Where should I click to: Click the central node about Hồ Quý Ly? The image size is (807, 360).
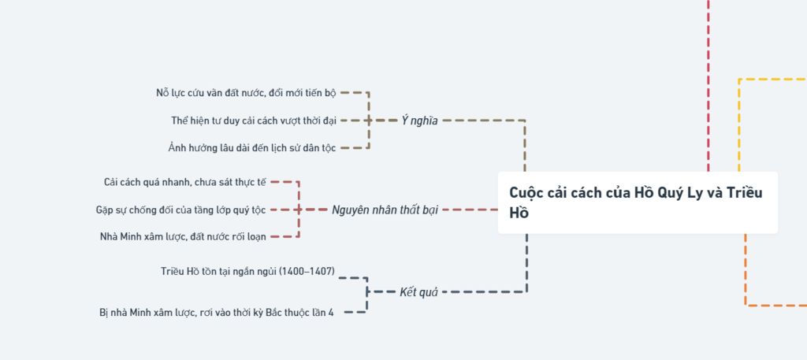pyautogui.click(x=637, y=202)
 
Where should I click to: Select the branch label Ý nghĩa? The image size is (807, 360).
pyautogui.click(x=419, y=121)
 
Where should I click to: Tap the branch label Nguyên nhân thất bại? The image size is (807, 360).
pyautogui.click(x=385, y=210)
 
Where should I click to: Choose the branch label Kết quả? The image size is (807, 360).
pyautogui.click(x=418, y=291)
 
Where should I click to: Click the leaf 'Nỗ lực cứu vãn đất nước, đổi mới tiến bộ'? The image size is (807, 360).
pyautogui.click(x=246, y=93)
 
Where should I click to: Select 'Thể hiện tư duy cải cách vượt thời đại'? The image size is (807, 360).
pyautogui.click(x=254, y=121)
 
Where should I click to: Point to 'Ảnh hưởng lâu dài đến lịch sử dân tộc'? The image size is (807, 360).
pyautogui.click(x=251, y=148)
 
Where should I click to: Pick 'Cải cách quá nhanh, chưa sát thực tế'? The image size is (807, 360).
pyautogui.click(x=185, y=182)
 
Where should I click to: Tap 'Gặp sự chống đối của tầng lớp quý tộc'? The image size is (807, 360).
pyautogui.click(x=180, y=210)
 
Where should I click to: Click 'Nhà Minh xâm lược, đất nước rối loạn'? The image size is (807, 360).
pyautogui.click(x=183, y=236)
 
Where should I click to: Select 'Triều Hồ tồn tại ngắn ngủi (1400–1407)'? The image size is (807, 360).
pyautogui.click(x=247, y=272)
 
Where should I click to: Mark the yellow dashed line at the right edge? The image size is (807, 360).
pyautogui.click(x=772, y=80)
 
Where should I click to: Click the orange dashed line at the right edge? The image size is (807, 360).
pyautogui.click(x=776, y=304)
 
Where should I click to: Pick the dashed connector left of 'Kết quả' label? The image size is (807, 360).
pyautogui.click(x=382, y=291)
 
